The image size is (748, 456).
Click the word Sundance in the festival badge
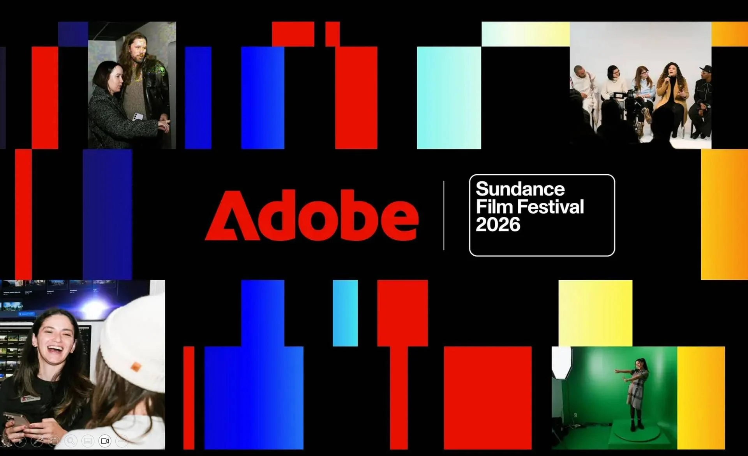tap(520, 189)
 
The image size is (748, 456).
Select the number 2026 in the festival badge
tap(498, 224)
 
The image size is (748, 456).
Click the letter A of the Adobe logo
tap(231, 216)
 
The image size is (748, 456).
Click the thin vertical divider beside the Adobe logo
tap(444, 215)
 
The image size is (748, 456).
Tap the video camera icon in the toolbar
tap(105, 441)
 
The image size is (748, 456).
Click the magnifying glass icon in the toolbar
tap(71, 441)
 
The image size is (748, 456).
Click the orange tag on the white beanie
tap(136, 366)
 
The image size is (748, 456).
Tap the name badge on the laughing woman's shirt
tap(30, 398)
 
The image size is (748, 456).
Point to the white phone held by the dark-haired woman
tap(138, 116)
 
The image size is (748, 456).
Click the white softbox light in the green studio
tap(562, 362)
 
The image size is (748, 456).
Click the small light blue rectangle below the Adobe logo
tap(345, 313)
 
